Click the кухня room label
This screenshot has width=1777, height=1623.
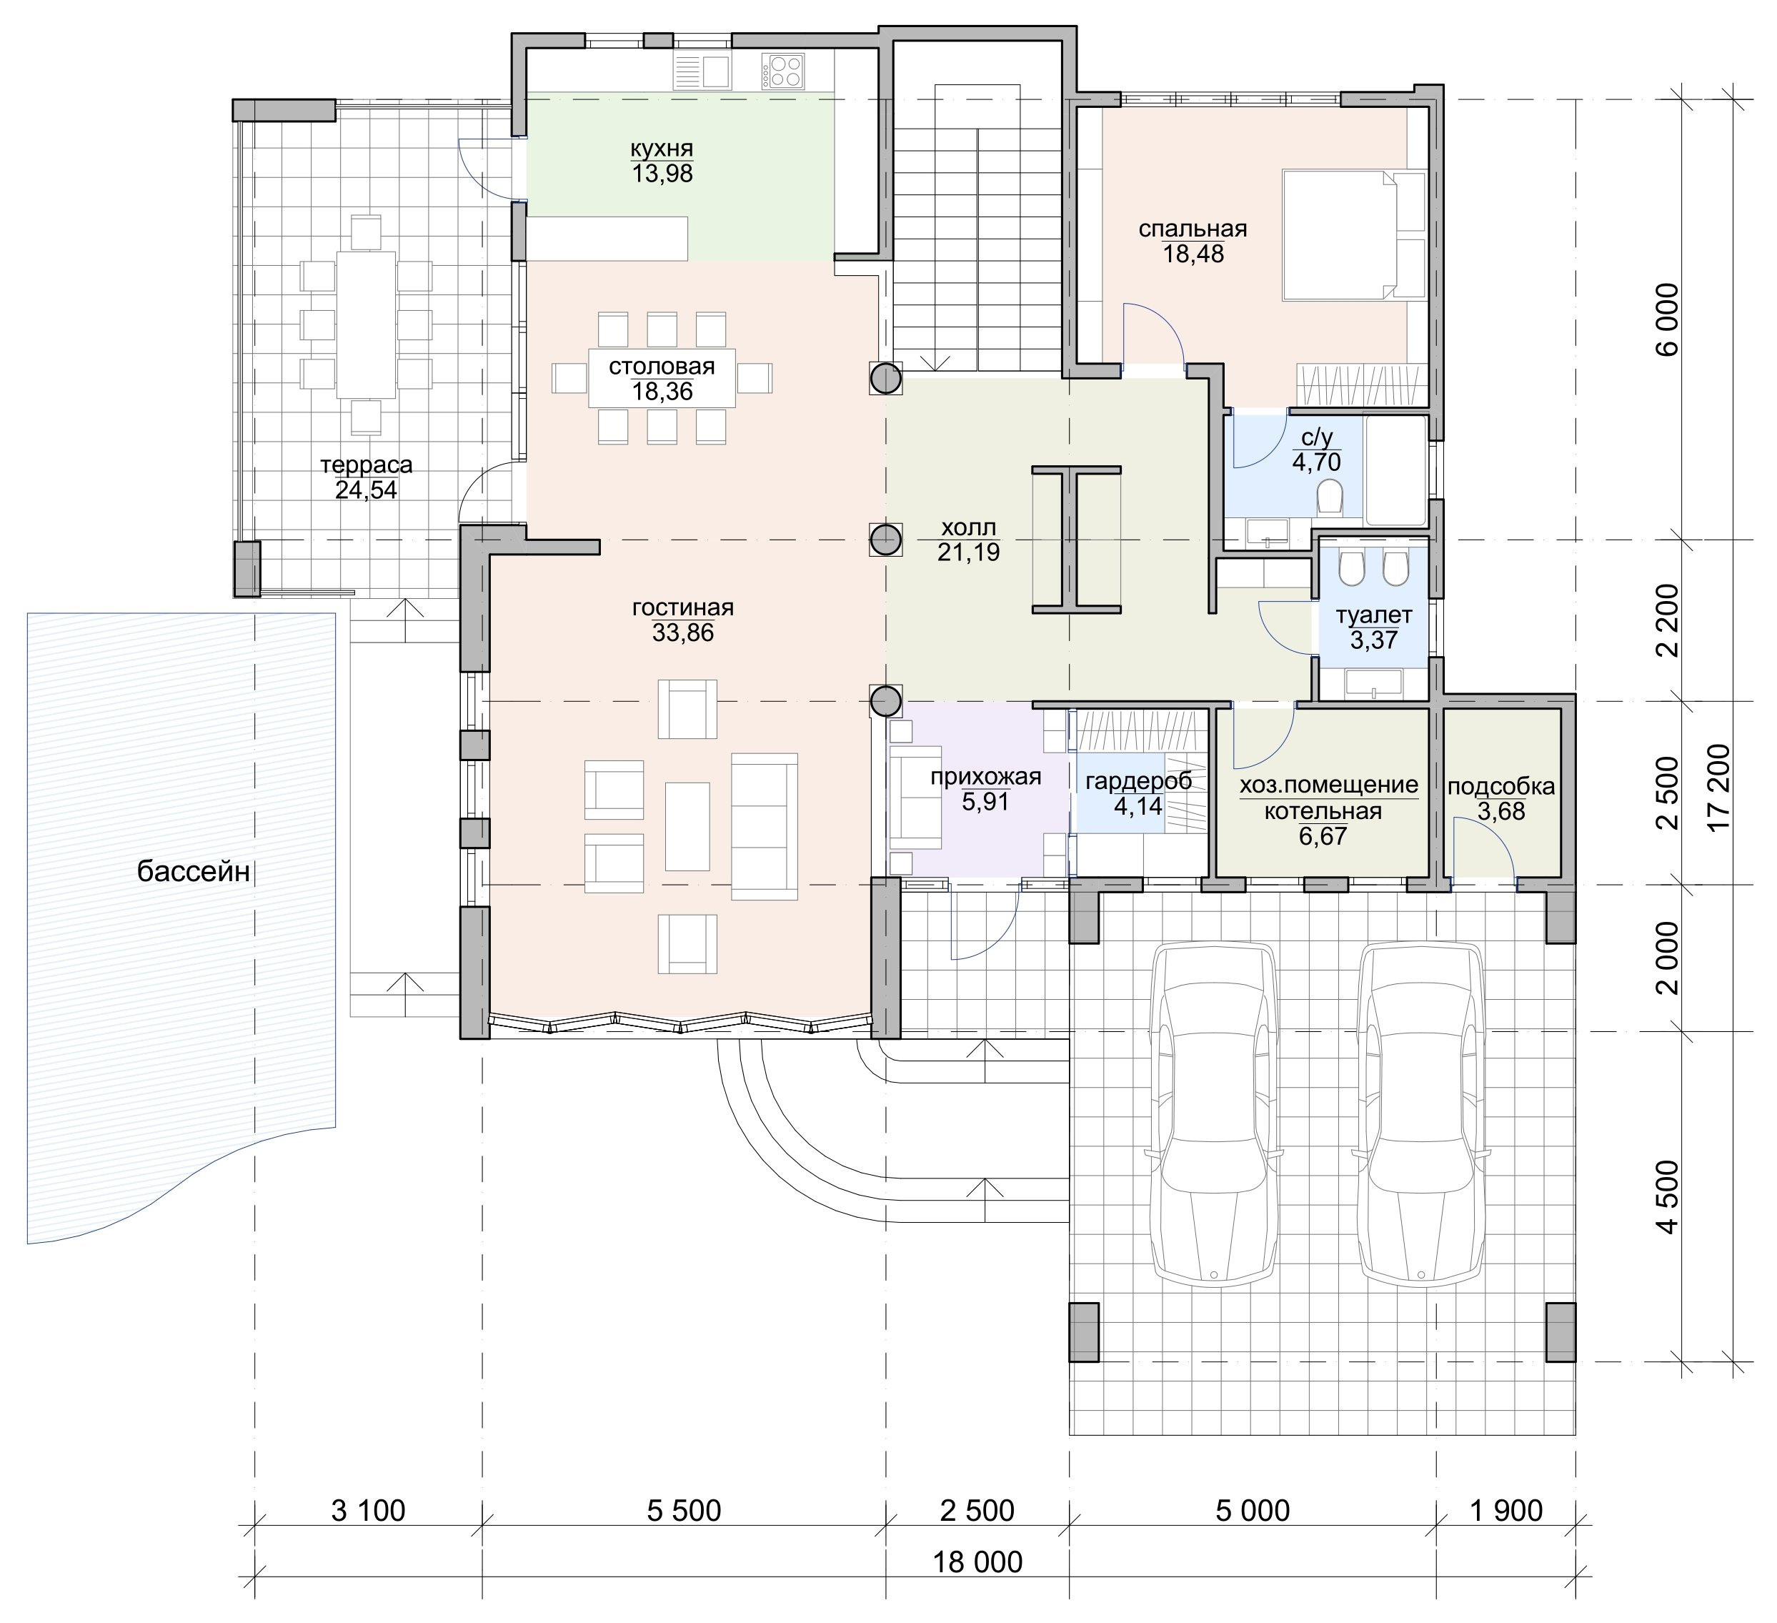[662, 148]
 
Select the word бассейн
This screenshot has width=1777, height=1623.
[194, 872]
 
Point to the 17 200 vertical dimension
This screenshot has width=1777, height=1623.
[1719, 786]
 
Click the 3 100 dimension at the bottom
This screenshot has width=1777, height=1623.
[369, 1510]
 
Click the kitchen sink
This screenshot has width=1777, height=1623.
[702, 71]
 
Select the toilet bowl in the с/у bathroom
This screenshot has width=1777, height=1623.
[1328, 498]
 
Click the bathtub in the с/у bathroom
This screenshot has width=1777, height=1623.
[1395, 470]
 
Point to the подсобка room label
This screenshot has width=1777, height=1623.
[1501, 785]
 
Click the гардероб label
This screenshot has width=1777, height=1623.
[1139, 780]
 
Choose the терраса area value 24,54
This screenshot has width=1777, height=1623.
[366, 490]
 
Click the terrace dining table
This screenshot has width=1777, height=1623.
[365, 325]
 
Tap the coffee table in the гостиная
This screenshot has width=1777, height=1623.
[687, 826]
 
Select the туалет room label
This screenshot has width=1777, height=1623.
[1374, 615]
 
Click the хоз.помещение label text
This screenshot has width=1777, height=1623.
[1329, 785]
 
